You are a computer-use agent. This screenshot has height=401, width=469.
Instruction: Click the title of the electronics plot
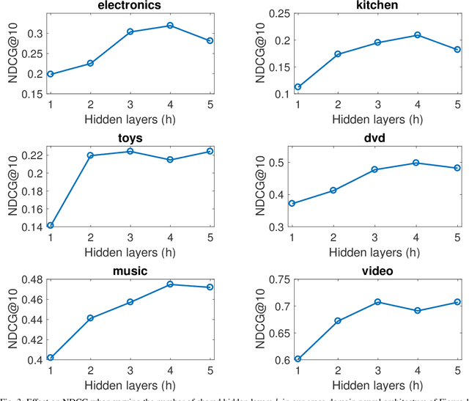pos(130,6)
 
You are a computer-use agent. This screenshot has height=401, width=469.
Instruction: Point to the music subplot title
pos(130,271)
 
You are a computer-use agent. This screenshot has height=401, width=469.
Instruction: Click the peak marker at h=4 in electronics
pos(170,26)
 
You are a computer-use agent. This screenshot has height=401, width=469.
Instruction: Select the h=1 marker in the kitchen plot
pos(298,87)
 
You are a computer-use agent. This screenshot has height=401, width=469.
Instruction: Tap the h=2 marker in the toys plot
pos(90,155)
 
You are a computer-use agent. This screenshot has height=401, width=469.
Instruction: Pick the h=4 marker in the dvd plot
pos(416,163)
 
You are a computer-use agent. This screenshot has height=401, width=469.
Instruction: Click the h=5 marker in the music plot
pos(210,287)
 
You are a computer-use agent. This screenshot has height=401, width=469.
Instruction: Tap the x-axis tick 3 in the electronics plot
pos(130,105)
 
